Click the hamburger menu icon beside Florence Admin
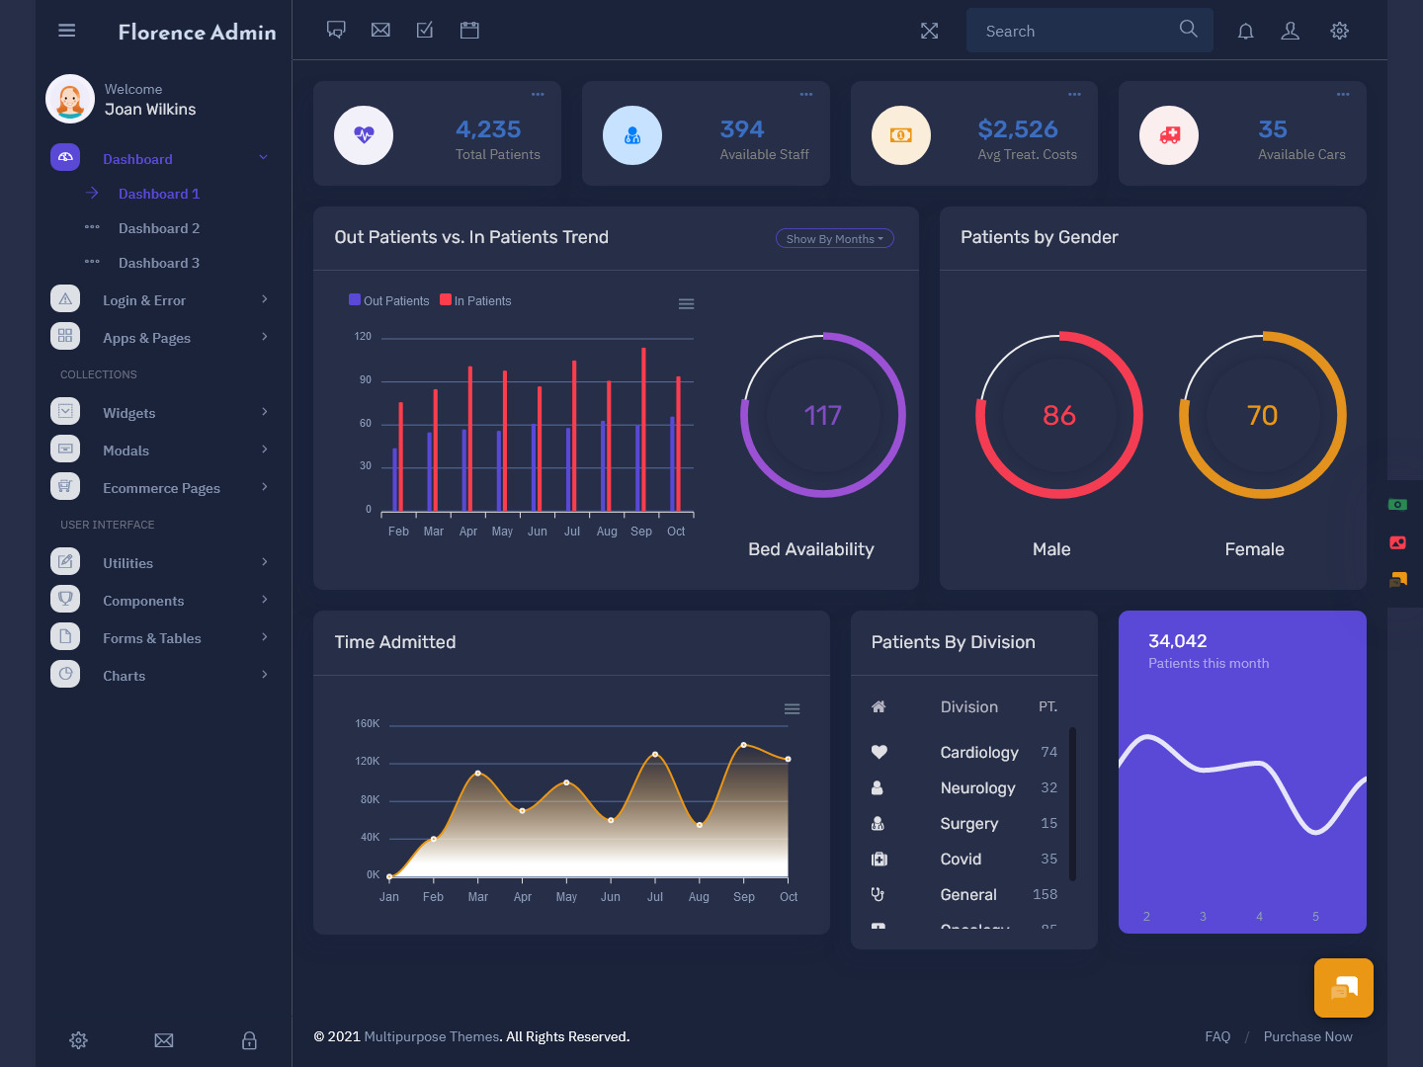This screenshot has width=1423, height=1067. tap(67, 31)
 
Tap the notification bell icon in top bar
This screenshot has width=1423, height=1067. tap(1246, 31)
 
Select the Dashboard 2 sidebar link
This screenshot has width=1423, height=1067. tap(159, 228)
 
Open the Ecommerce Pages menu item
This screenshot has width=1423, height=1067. tap(161, 488)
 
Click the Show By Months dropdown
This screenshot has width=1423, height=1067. tap(834, 238)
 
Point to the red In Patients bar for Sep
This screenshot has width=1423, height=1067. tap(643, 430)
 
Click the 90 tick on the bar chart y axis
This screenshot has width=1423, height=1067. tap(366, 380)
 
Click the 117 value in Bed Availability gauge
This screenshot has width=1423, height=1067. tap(822, 416)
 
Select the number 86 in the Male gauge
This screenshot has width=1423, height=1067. tap(1058, 416)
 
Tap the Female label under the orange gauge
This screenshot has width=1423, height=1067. tap(1254, 549)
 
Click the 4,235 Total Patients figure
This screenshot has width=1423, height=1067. tap(488, 129)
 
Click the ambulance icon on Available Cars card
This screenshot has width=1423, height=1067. tap(1169, 135)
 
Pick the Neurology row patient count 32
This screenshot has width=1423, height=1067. tap(1048, 788)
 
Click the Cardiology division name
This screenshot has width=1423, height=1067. tap(978, 753)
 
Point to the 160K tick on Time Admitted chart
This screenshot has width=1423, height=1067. tap(368, 724)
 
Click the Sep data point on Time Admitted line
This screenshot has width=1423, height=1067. tap(744, 745)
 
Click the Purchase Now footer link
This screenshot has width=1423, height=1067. tap(1307, 1036)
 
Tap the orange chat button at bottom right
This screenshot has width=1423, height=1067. tap(1343, 988)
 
